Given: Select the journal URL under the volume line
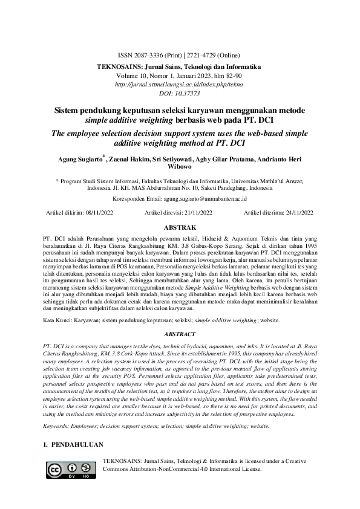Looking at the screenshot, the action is pos(180,85).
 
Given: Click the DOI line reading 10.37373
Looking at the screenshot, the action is pos(180,95).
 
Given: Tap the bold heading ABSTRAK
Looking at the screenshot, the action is pos(180,228).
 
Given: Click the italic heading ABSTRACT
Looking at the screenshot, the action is pos(180,333).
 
